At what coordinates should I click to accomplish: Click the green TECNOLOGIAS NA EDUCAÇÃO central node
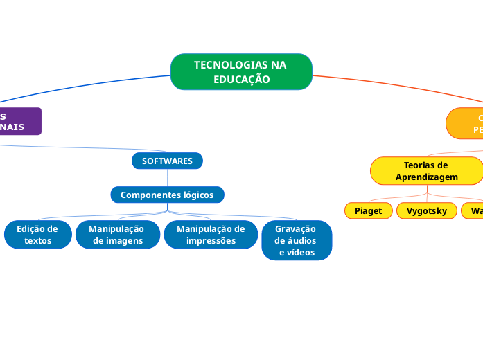[x=241, y=72]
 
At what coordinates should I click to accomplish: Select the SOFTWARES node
[x=167, y=161]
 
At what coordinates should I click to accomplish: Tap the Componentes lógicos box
[x=167, y=195]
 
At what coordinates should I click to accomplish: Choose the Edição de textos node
[x=37, y=235]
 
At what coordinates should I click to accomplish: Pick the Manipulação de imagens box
[x=118, y=235]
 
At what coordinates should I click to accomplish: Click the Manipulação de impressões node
[x=211, y=235]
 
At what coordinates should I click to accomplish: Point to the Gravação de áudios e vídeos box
[x=296, y=240]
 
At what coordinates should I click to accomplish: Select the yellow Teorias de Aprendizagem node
[x=426, y=171]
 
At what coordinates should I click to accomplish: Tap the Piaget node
[x=368, y=210]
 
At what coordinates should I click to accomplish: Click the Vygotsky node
[x=426, y=210]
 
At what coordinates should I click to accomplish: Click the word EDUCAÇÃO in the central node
[x=241, y=80]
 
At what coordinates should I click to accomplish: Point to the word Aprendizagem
[x=426, y=177]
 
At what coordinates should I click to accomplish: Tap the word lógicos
[x=193, y=195]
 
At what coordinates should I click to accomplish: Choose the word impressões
[x=211, y=241]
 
